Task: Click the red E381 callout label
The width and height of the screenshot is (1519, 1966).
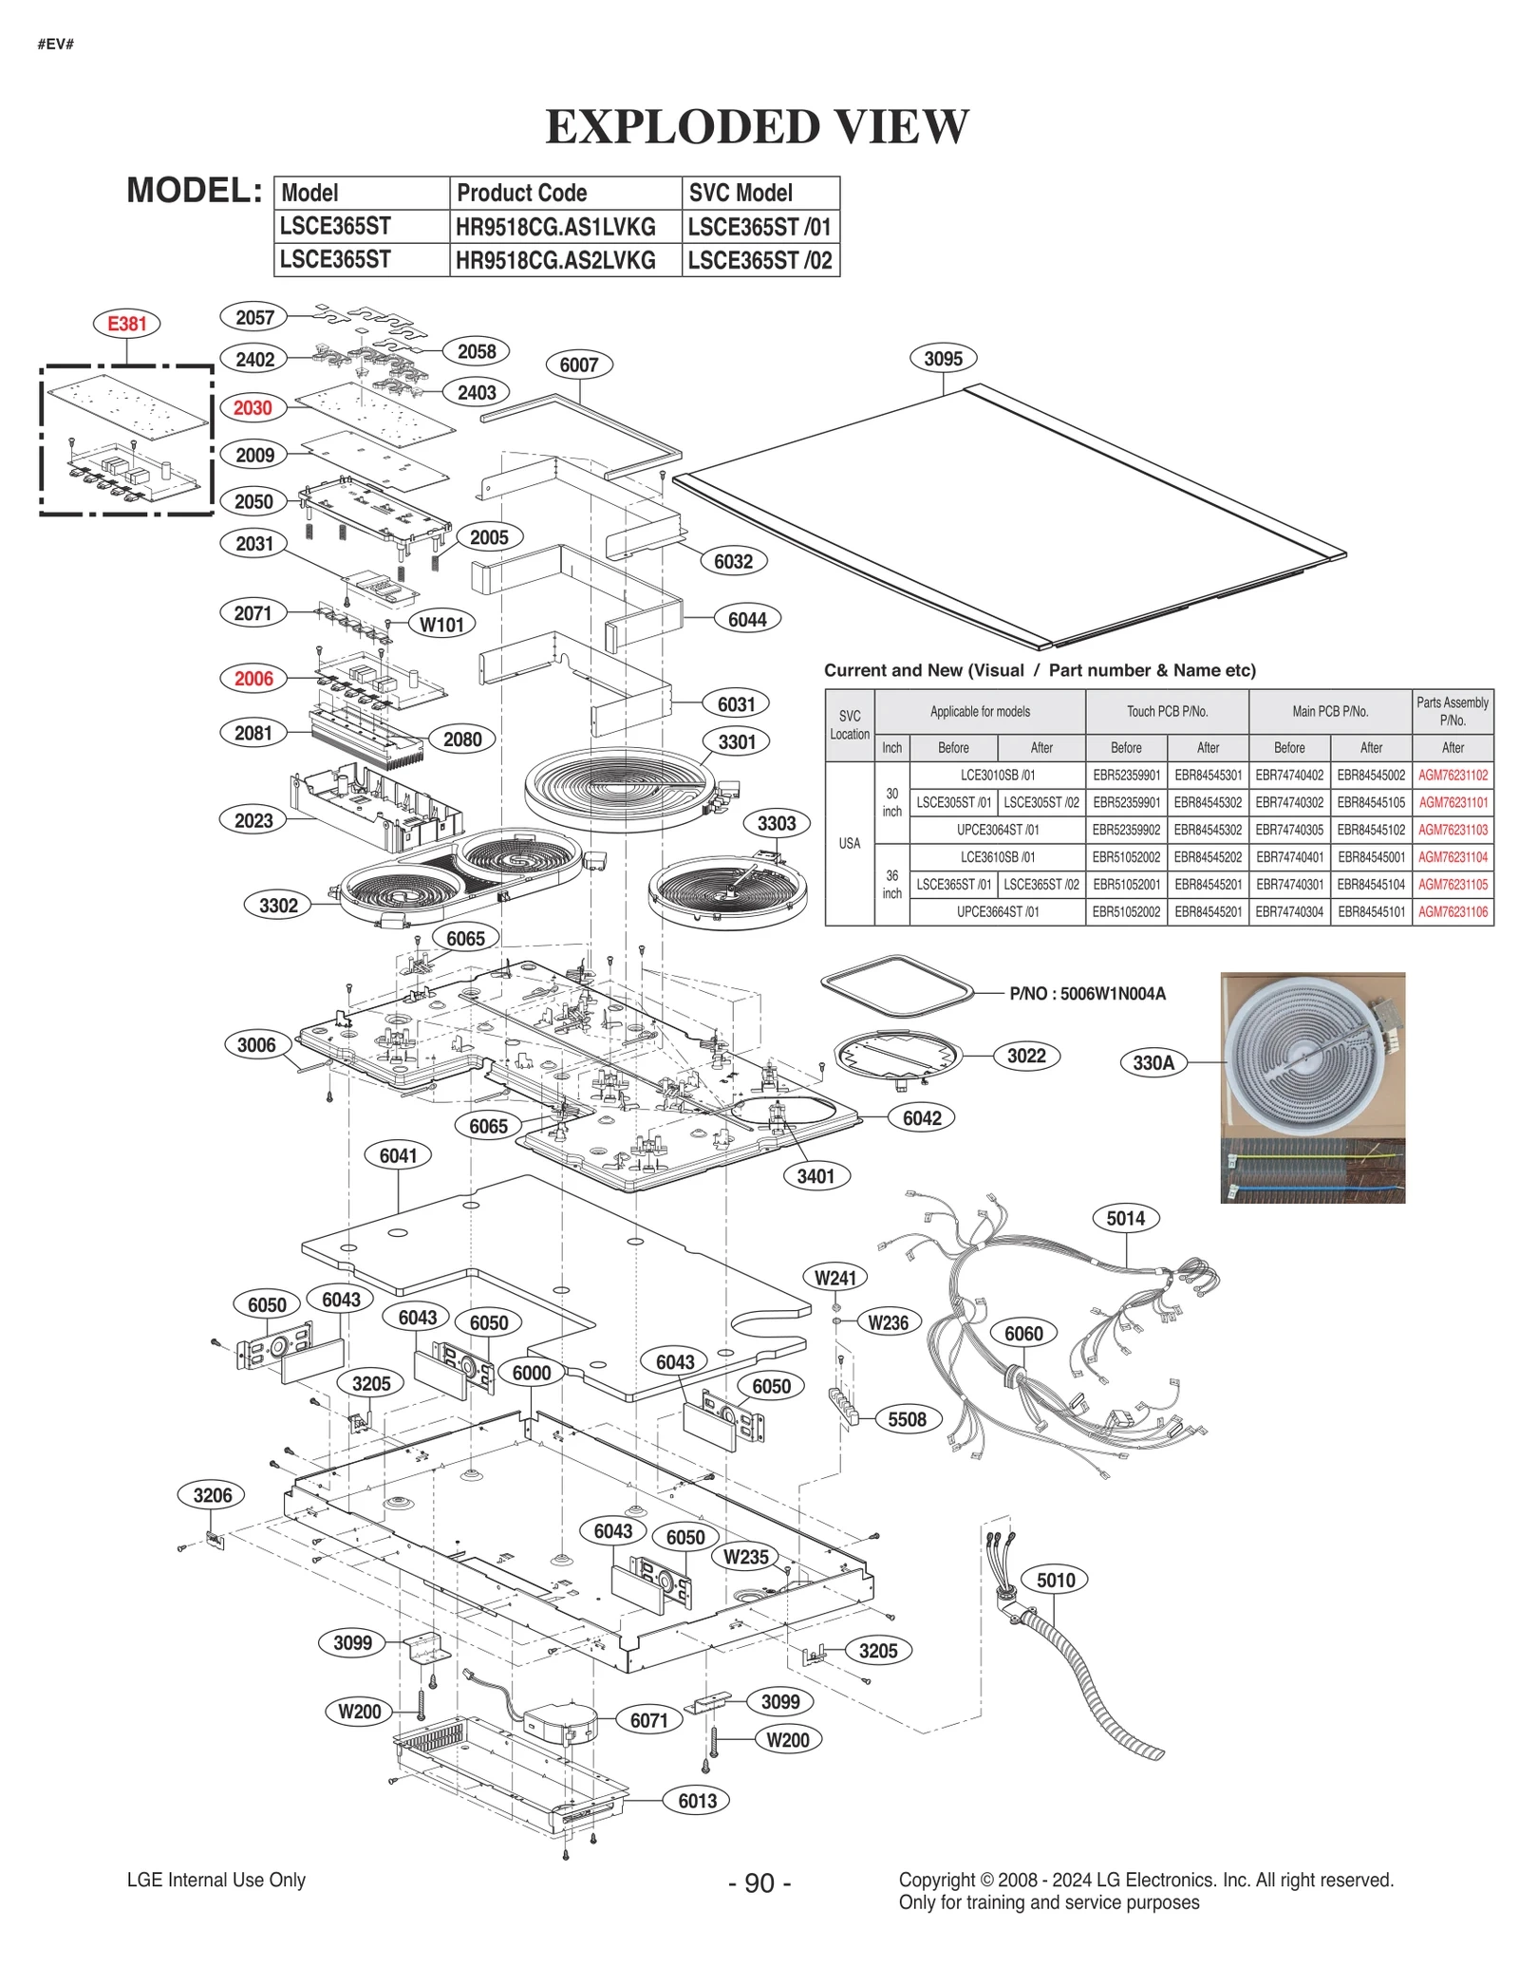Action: pos(126,324)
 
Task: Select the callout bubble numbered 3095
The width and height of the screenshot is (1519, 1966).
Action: pos(943,359)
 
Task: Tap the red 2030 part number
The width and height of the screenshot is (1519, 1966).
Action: pos(253,408)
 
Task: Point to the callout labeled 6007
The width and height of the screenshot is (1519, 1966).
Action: pos(578,365)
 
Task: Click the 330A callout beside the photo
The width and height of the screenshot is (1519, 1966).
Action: pos(1153,1062)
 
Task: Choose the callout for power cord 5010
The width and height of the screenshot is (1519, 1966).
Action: pos(1056,1580)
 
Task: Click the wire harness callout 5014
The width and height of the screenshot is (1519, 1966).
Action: pos(1125,1218)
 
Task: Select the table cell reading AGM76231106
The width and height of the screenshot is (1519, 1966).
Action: pos(1453,912)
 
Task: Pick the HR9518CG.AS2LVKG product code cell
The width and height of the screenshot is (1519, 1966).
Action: pos(556,260)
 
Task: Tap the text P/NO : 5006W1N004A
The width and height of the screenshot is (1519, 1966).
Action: pos(1087,994)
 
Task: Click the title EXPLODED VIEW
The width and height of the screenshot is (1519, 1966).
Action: pos(758,127)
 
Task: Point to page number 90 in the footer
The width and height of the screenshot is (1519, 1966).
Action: pos(759,1882)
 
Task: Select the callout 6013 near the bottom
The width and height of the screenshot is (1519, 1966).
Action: pos(697,1801)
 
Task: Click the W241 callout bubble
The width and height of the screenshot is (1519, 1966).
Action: pos(835,1278)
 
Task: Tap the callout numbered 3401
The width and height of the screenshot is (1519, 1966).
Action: pos(816,1176)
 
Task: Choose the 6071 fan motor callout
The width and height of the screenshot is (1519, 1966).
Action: pos(648,1720)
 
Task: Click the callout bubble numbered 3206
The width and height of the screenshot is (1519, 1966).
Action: pos(212,1495)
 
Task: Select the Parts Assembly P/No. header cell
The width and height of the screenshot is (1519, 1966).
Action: pos(1452,711)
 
